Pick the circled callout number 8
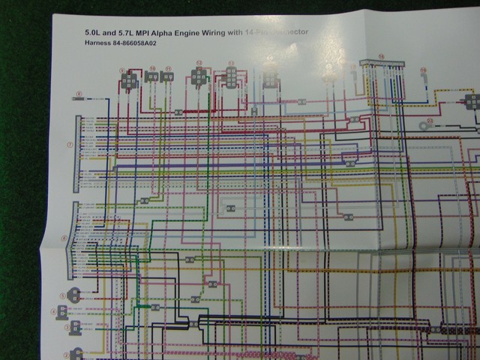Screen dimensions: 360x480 click(77, 94)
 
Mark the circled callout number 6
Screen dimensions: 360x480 click(65, 239)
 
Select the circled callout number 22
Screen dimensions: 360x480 click(430, 120)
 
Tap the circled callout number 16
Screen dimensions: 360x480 click(381, 55)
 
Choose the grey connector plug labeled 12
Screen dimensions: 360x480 click(199, 76)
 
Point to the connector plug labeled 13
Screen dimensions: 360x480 click(231, 77)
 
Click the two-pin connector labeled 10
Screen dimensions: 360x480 click(151, 76)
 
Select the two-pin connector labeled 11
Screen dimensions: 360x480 click(167, 76)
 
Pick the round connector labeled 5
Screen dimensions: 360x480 click(73, 294)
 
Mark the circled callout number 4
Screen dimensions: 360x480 click(55, 311)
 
